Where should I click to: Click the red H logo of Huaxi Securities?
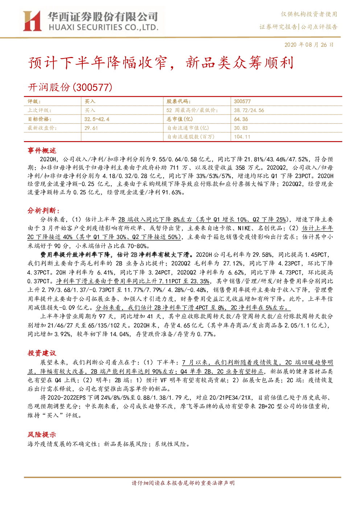32,21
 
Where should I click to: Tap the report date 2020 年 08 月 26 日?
309,45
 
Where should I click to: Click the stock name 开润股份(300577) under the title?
70,87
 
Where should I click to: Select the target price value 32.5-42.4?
97,119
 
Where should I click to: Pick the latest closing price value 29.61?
91,128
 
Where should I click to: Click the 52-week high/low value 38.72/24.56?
249,110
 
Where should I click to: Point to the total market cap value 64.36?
241,119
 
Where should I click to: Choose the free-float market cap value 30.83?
241,128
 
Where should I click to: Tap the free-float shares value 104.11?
242,136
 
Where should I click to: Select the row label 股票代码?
179,101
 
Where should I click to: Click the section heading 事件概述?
42,151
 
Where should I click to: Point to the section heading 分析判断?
44,211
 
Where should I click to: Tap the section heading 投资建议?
42,353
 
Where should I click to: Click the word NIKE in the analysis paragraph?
244,228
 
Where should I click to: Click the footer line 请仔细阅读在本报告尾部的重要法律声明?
183,483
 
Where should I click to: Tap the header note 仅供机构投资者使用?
309,14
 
